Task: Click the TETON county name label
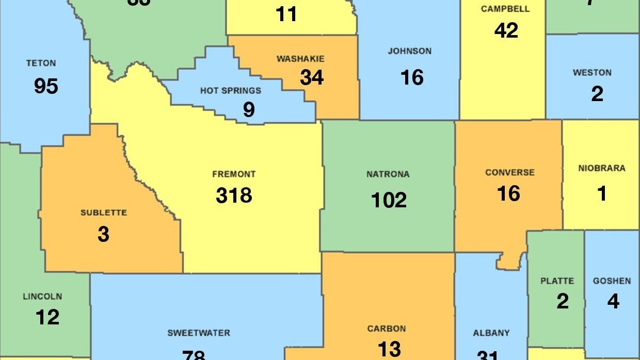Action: point(41,63)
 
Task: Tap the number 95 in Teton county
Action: point(46,86)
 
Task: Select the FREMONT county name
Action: point(234,174)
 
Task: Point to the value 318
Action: point(234,195)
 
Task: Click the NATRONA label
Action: point(388,174)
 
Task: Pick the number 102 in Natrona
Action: point(389,200)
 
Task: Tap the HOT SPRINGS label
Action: point(231,91)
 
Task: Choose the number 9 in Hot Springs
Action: point(249,110)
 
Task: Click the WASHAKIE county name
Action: point(300,59)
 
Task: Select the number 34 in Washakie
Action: point(312,77)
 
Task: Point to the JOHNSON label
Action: point(410,51)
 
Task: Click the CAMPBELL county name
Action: point(505,9)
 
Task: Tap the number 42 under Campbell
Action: point(506,30)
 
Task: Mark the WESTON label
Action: point(592,73)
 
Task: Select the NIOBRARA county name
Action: point(602,168)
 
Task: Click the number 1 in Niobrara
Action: point(602,194)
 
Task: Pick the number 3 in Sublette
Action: point(103,234)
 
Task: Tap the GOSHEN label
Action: point(612,281)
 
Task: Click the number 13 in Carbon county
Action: point(389,349)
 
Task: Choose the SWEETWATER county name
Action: point(199,333)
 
